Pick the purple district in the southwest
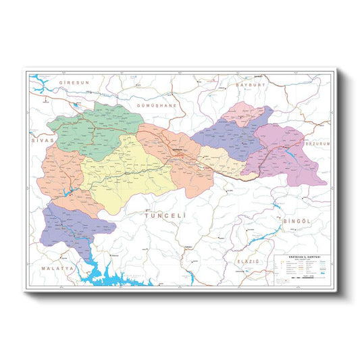(x=68, y=226)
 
